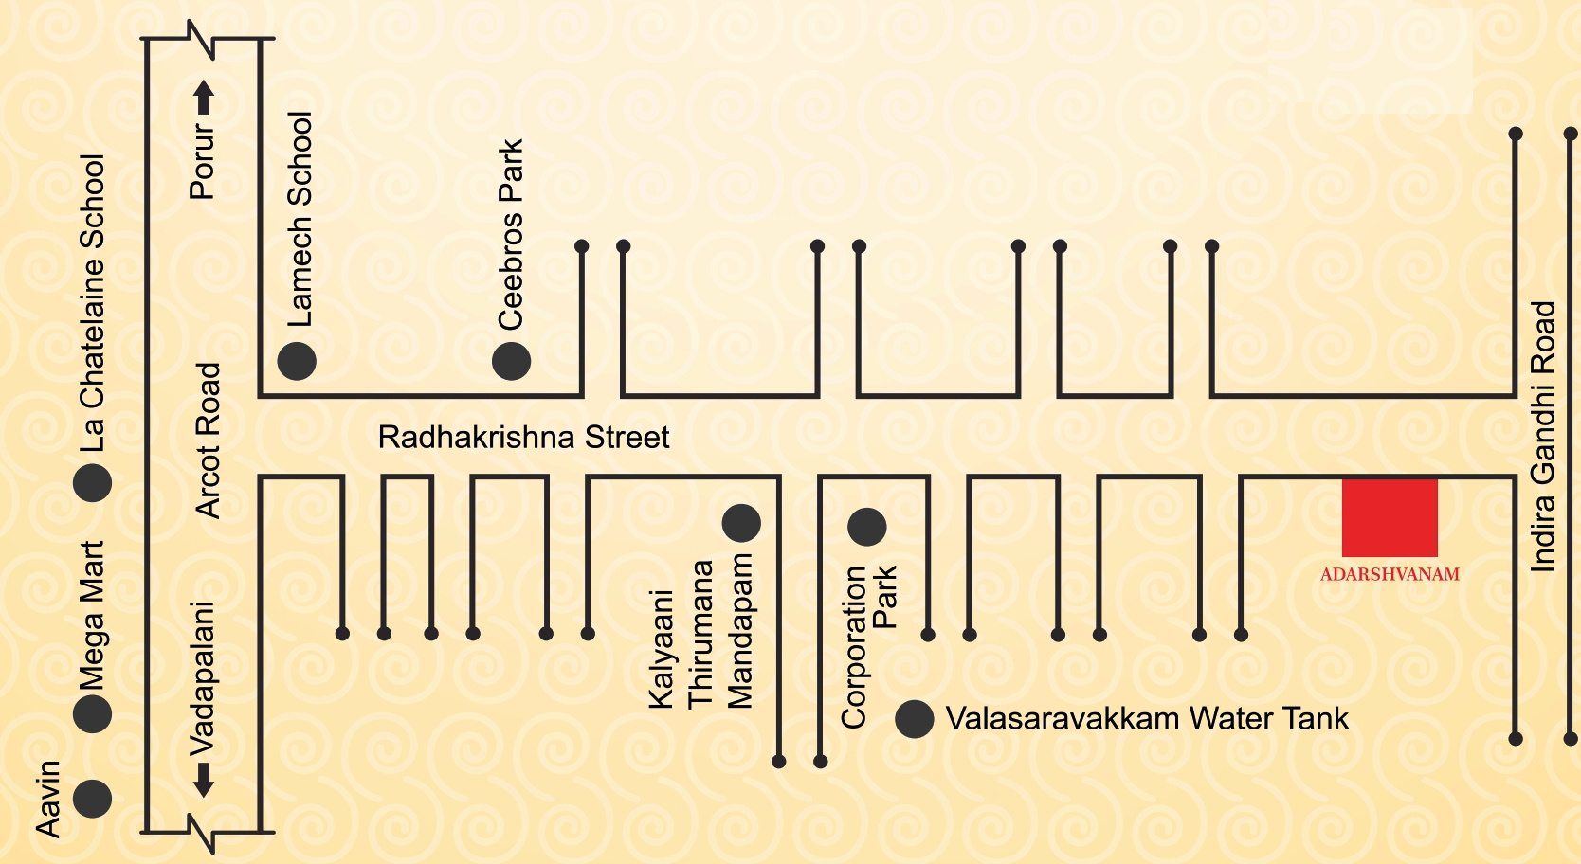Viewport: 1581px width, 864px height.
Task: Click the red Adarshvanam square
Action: coord(1389,518)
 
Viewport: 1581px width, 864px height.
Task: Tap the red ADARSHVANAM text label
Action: coord(1390,574)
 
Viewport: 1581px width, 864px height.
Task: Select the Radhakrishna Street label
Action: coord(524,438)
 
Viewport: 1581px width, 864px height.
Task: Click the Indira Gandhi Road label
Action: coord(1544,437)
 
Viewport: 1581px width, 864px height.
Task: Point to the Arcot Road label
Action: coord(208,441)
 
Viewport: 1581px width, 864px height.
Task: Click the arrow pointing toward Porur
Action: coord(204,98)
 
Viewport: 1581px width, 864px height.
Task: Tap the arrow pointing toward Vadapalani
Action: coord(204,780)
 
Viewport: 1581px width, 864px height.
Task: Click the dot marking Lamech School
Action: coord(297,362)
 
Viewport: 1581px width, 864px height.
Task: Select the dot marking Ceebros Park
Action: coord(511,362)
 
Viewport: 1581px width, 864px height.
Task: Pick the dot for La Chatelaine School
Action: coord(93,483)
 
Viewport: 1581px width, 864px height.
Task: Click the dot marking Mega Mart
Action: coord(93,713)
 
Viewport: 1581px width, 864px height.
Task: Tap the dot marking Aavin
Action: coord(93,800)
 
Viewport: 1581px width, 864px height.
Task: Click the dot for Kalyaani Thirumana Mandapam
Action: coord(741,523)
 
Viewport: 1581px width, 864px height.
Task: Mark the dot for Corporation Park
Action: coord(866,527)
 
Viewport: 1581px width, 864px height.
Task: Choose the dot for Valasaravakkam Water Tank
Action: coord(914,719)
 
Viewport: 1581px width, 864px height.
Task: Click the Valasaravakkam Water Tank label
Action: coord(1147,719)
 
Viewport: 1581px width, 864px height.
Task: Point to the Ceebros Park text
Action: coord(510,235)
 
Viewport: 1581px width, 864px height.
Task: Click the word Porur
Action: coord(203,161)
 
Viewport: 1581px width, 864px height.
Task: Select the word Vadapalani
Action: coord(202,678)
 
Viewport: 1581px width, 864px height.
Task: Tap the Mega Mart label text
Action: coord(91,616)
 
